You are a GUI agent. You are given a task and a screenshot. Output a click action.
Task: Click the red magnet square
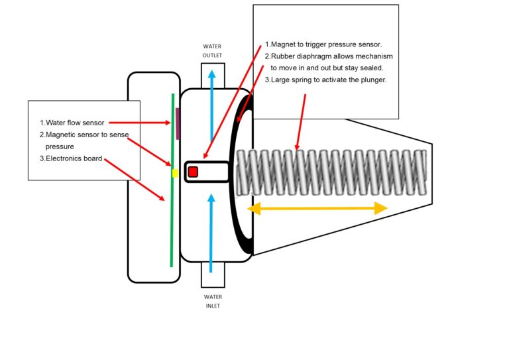coord(193,172)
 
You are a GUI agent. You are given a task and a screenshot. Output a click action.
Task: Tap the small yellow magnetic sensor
coord(174,173)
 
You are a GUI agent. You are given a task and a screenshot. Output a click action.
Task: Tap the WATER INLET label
coord(213,302)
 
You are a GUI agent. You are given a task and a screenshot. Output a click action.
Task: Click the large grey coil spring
coord(331,173)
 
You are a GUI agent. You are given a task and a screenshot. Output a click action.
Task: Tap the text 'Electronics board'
coord(74,158)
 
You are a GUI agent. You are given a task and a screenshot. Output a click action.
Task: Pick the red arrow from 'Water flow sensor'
coord(139,123)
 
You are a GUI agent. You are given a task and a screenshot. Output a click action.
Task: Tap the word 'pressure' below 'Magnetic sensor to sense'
coord(59,146)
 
